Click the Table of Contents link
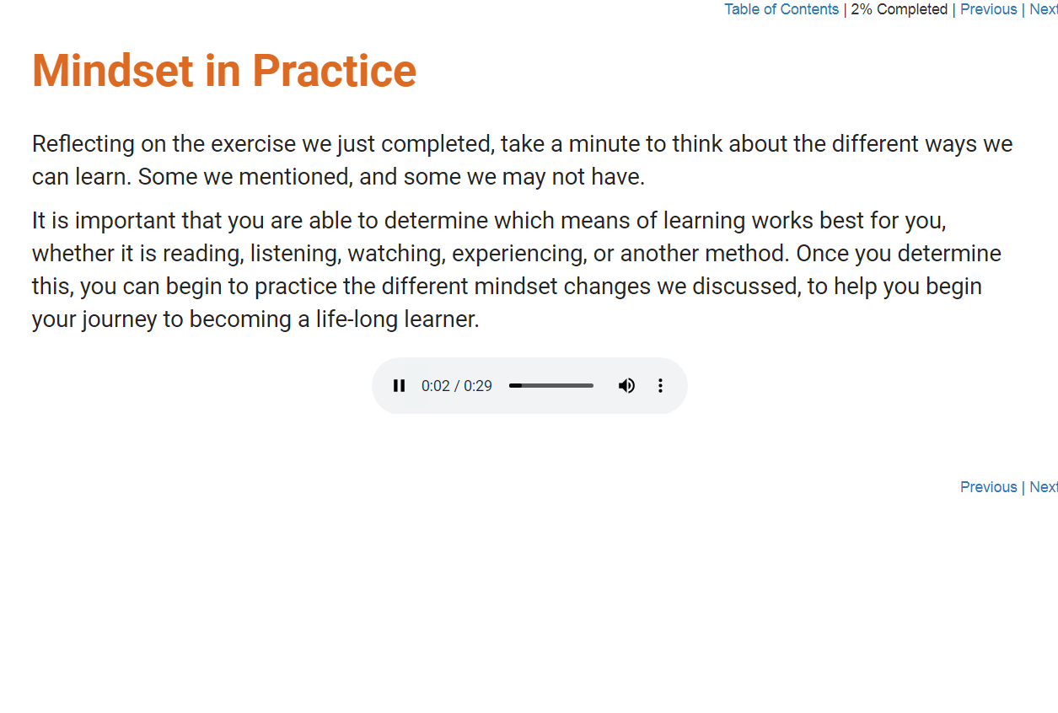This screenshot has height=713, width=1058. pyautogui.click(x=781, y=9)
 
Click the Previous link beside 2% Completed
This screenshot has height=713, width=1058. pyautogui.click(x=988, y=9)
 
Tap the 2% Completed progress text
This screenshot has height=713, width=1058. pyautogui.click(x=899, y=9)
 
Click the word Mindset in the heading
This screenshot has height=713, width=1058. pyautogui.click(x=113, y=71)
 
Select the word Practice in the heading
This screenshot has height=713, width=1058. pyautogui.click(x=335, y=71)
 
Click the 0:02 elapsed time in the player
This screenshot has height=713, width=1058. pyautogui.click(x=436, y=386)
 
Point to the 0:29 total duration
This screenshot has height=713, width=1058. pyautogui.click(x=477, y=386)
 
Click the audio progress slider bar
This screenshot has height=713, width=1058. pyautogui.click(x=550, y=386)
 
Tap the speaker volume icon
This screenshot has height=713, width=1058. pyautogui.click(x=626, y=386)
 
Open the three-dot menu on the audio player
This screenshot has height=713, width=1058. pyautogui.click(x=660, y=386)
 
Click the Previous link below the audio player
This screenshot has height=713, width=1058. pyautogui.click(x=988, y=487)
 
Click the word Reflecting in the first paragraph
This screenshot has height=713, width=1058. pyautogui.click(x=83, y=144)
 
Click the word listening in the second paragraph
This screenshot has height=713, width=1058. pyautogui.click(x=294, y=254)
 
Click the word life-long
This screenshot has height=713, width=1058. pyautogui.click(x=357, y=319)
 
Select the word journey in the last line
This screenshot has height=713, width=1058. pyautogui.click(x=120, y=319)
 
